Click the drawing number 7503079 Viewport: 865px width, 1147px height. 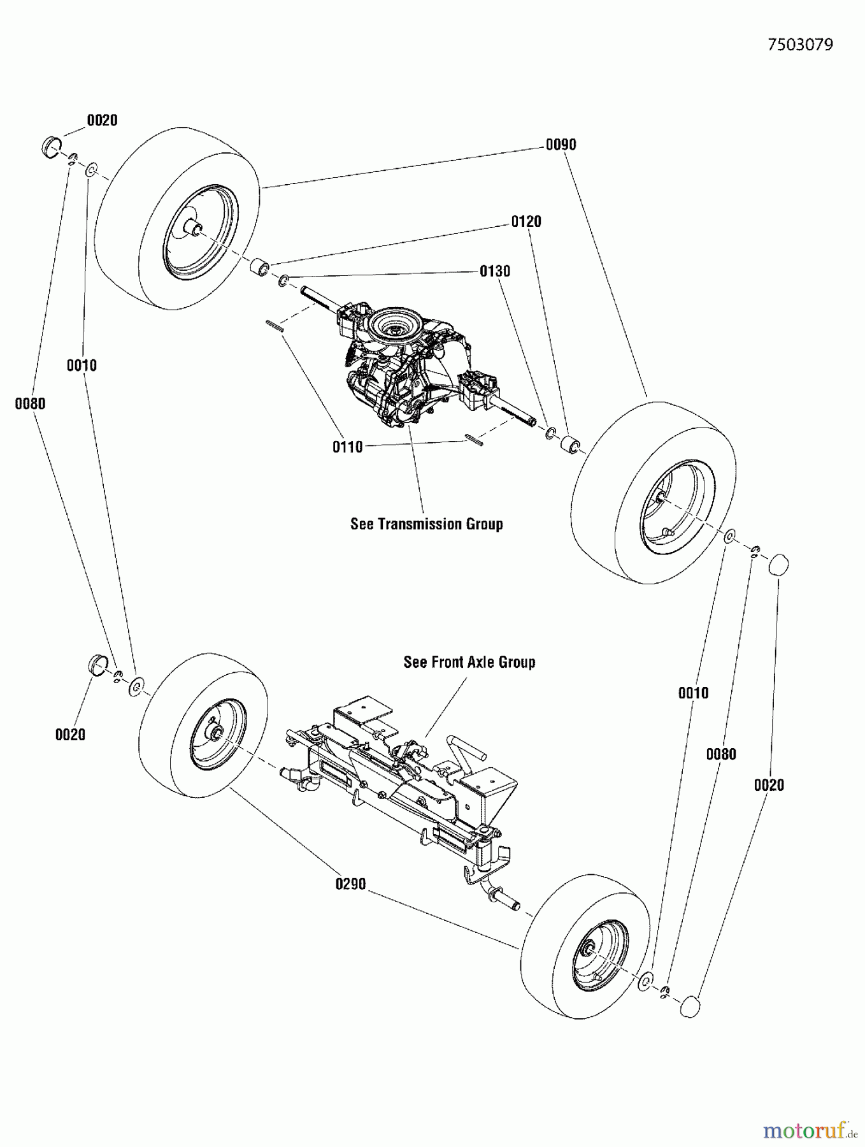800,45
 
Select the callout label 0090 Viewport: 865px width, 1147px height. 561,145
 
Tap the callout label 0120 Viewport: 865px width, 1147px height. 526,221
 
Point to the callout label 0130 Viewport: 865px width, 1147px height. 495,271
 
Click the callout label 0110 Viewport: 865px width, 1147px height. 348,447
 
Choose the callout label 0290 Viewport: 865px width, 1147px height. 350,884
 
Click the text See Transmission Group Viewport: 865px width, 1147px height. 427,524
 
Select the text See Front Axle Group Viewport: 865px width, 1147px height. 469,662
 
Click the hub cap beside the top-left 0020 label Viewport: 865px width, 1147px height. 51,145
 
